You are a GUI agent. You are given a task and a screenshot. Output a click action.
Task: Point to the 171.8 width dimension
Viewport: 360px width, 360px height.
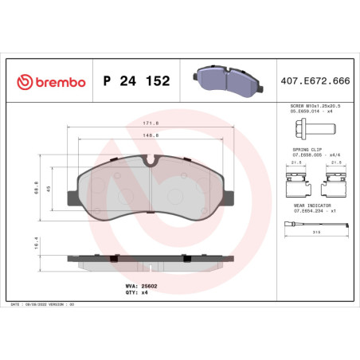151,123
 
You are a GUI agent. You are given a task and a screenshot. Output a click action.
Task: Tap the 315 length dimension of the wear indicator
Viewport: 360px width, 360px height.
317,233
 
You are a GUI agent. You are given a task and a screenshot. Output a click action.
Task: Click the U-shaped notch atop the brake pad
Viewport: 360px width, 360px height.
151,160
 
